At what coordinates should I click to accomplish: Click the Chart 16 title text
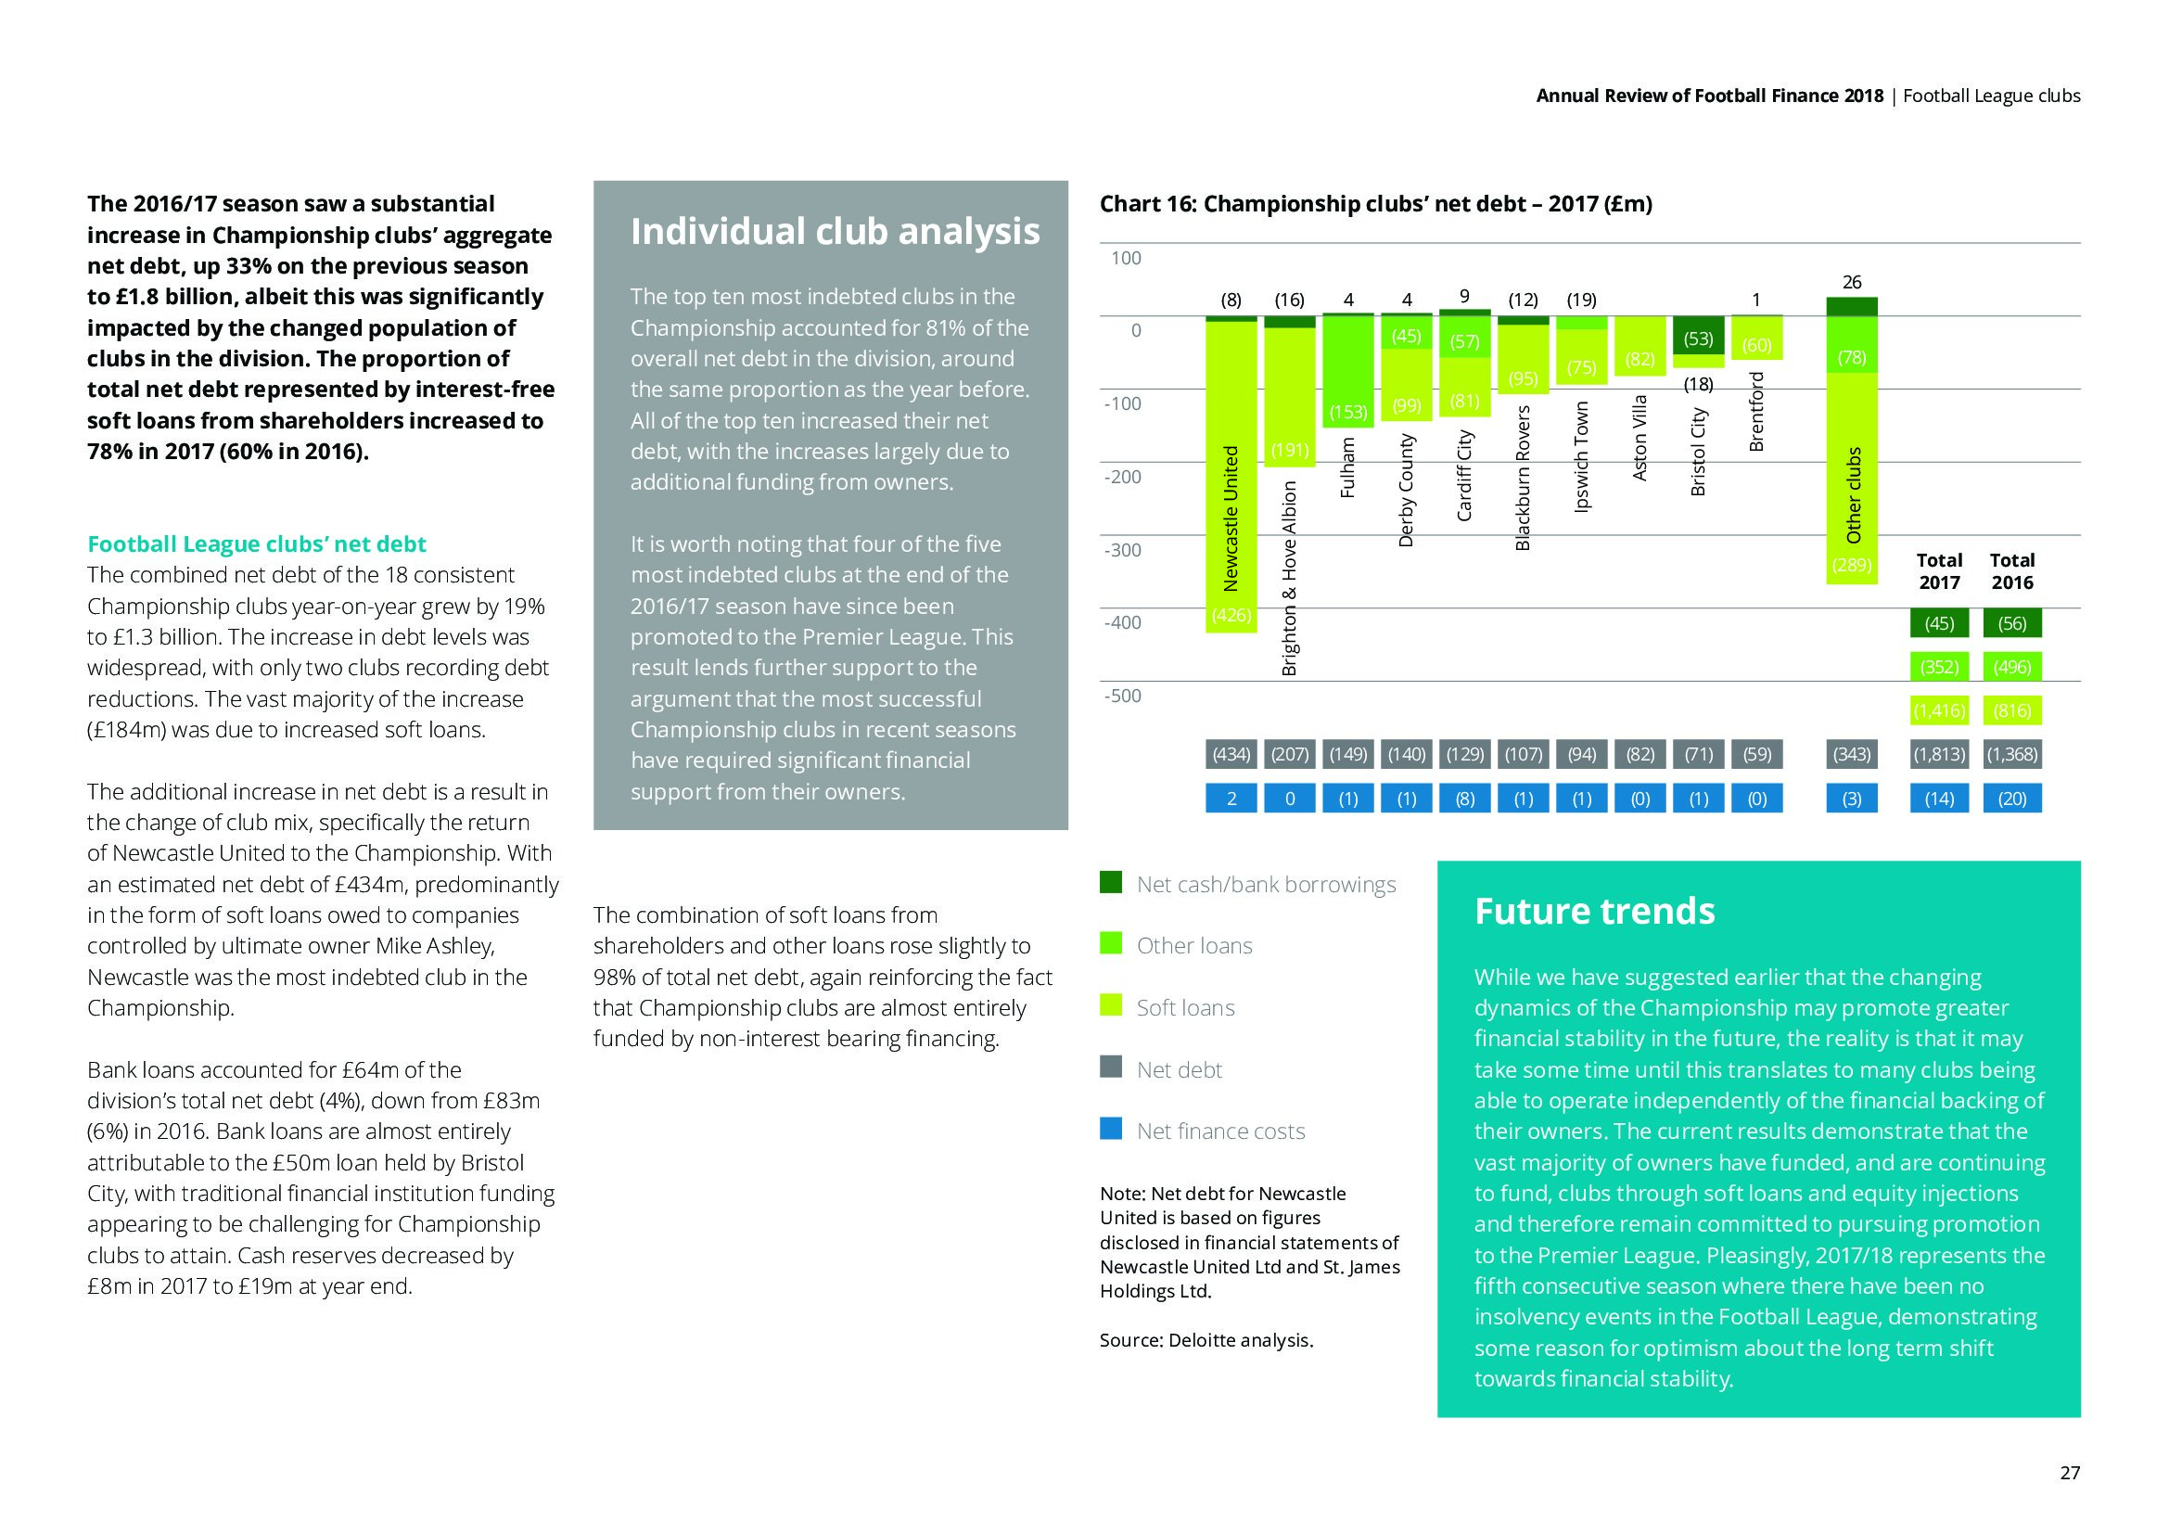(1375, 204)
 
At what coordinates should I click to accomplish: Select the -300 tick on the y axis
(1122, 550)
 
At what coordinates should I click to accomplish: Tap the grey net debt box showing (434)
(1231, 754)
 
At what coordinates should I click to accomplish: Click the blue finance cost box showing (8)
(1464, 799)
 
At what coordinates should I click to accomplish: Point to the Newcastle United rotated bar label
(1230, 518)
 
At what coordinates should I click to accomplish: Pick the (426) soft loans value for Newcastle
(1231, 616)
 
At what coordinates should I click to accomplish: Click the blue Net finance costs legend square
(1111, 1129)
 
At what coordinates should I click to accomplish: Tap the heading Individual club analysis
(835, 232)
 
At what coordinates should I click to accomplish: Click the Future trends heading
(1595, 912)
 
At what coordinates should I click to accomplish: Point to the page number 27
(2069, 1473)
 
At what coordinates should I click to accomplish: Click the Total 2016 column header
(2012, 571)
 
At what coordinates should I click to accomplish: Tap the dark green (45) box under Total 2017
(1938, 623)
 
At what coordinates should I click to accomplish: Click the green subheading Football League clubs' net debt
(257, 544)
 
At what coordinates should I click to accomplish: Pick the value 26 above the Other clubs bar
(1852, 283)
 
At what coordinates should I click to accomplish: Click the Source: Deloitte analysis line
(1206, 1340)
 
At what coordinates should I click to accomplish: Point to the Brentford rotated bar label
(1756, 411)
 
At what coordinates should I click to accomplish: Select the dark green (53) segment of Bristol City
(1698, 338)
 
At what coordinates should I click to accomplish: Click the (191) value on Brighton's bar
(1290, 451)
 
